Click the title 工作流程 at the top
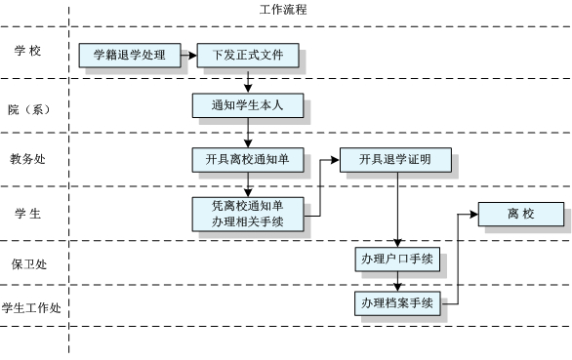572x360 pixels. pyautogui.click(x=283, y=10)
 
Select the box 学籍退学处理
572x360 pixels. pyautogui.click(x=130, y=56)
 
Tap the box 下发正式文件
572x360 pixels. pyautogui.click(x=248, y=56)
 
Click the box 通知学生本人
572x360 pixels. pyautogui.click(x=248, y=104)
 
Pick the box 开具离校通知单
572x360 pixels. pyautogui.click(x=248, y=160)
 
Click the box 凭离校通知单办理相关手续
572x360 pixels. pyautogui.click(x=248, y=214)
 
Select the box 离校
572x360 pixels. pyautogui.click(x=520, y=214)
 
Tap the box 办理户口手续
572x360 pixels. pyautogui.click(x=396, y=260)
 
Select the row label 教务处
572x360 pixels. pyautogui.click(x=28, y=159)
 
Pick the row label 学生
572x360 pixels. pyautogui.click(x=28, y=213)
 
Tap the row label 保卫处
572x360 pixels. pyautogui.click(x=28, y=262)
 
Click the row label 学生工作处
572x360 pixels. pyautogui.click(x=31, y=308)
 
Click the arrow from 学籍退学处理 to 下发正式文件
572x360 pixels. pyautogui.click(x=185, y=56)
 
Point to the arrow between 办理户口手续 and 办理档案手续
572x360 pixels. pyautogui.click(x=396, y=282)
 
